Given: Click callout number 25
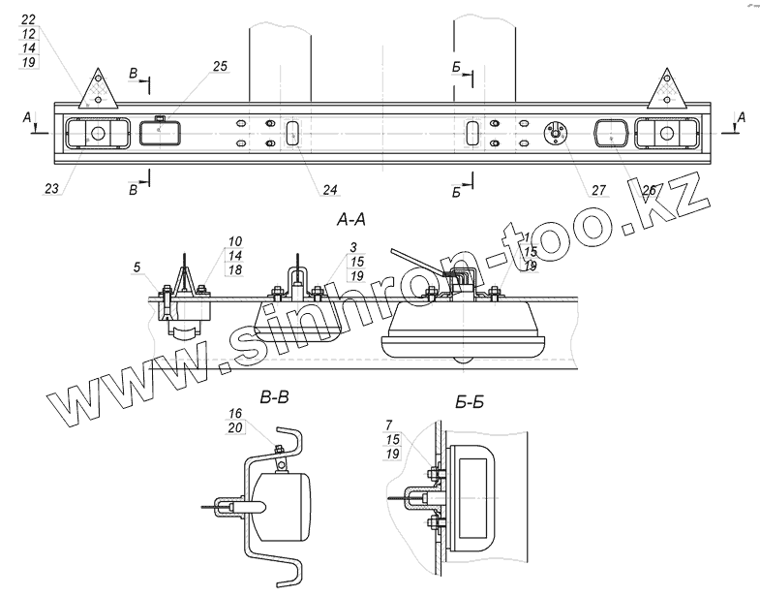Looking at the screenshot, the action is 220,66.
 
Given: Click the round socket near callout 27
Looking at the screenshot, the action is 555,134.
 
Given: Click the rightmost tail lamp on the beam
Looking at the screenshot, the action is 668,133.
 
